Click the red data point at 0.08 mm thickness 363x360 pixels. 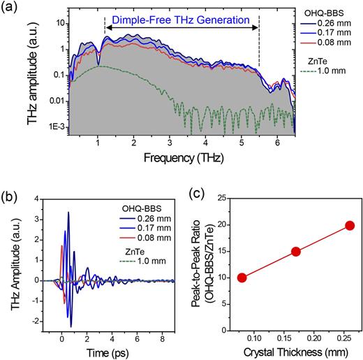tap(242, 278)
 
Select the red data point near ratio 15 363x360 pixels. tap(296, 252)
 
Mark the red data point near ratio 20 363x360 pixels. tap(350, 225)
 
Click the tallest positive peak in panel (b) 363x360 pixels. tap(68, 213)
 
